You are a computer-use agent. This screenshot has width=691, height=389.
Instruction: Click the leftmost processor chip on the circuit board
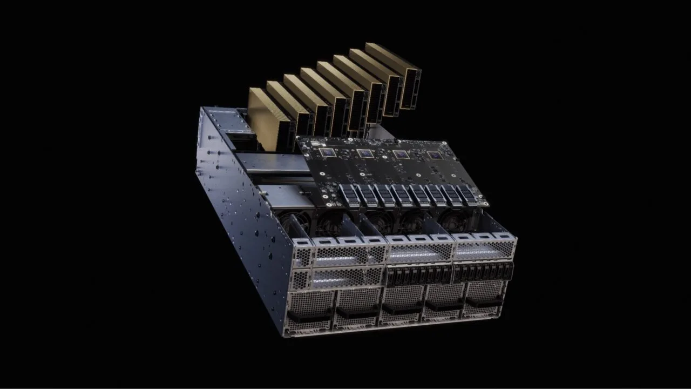(x=328, y=152)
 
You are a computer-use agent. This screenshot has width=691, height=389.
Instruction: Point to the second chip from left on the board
(x=365, y=153)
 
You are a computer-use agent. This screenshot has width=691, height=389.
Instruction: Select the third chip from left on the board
(x=401, y=155)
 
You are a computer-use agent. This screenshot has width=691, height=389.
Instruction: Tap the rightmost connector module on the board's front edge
(x=468, y=194)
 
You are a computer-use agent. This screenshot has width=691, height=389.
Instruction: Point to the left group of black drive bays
(x=419, y=275)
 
